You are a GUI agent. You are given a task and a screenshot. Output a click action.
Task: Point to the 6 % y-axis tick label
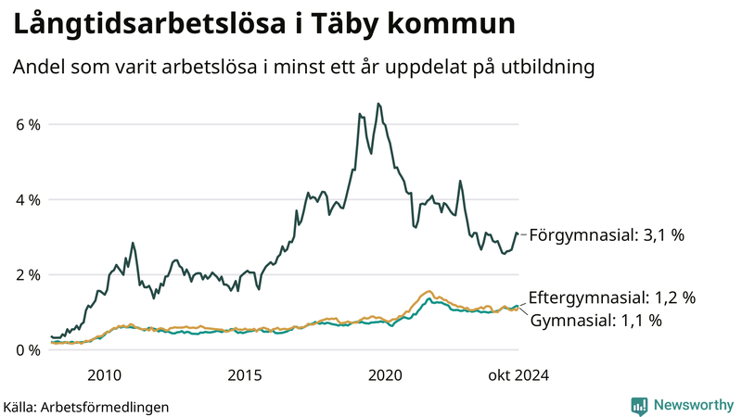pos(28,124)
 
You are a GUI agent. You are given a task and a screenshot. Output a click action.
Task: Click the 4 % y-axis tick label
pos(28,199)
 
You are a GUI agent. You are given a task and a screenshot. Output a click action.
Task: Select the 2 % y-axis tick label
pos(28,275)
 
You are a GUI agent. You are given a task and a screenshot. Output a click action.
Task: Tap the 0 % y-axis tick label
pos(28,350)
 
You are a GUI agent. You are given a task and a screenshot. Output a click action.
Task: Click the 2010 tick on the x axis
pos(104,375)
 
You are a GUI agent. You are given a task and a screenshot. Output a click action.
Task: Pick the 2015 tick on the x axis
pos(245,375)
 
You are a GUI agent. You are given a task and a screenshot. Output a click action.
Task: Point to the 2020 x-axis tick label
pos(385,375)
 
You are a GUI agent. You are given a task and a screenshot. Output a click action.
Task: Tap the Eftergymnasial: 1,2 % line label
pos(611,298)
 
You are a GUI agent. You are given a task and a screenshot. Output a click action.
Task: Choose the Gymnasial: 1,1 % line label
pos(595,321)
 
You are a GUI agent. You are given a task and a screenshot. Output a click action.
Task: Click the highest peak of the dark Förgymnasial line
pos(377,104)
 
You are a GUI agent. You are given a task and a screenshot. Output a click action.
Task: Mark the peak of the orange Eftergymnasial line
pos(428,291)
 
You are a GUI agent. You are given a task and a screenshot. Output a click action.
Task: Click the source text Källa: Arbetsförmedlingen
pos(86,406)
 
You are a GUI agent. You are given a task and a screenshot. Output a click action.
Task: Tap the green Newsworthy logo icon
pos(639,405)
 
